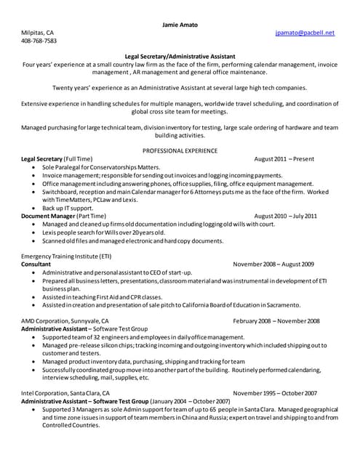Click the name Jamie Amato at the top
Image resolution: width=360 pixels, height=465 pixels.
pos(179,25)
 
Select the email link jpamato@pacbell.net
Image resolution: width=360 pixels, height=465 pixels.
pos(305,33)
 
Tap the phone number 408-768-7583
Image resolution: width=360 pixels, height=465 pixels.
pos(39,41)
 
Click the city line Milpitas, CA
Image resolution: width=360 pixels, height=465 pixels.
pos(37,33)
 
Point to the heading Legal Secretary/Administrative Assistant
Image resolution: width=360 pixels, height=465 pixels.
pos(179,56)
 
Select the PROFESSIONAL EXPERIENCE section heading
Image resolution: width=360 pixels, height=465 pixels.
pos(179,150)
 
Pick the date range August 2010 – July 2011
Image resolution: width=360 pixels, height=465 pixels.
pos(286,216)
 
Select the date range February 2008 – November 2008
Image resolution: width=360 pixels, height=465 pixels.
pos(276,320)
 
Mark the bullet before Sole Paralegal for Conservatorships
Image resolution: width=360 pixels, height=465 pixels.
pos(34,167)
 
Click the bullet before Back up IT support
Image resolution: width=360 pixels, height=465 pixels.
pos(34,208)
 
